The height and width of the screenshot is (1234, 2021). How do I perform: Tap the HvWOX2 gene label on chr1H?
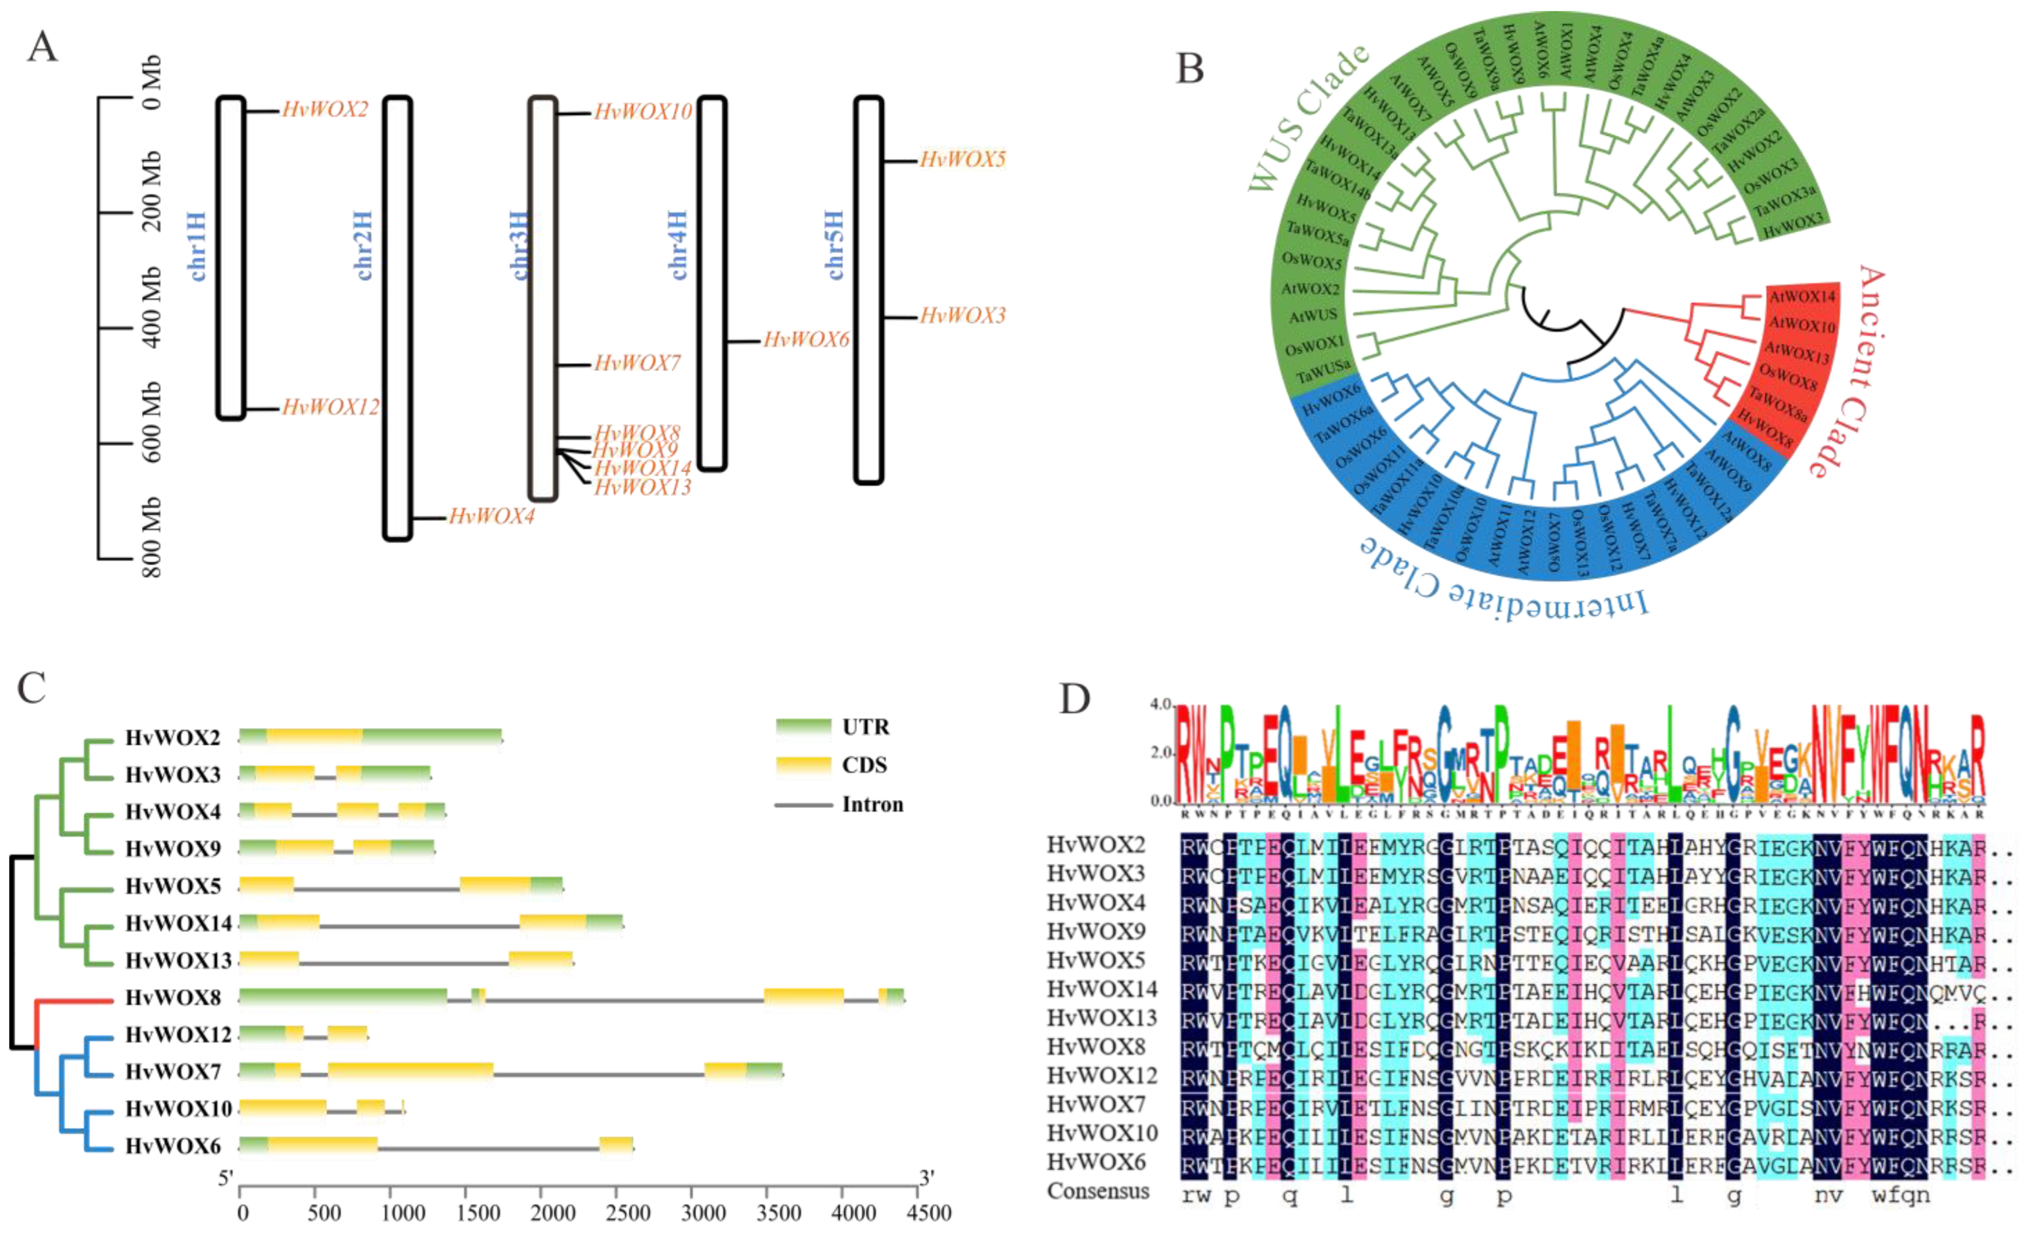click(x=325, y=109)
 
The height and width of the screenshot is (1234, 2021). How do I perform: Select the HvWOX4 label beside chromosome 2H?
click(x=491, y=516)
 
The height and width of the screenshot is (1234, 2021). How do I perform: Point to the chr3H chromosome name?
click(x=520, y=245)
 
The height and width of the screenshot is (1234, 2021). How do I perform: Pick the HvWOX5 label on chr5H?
click(x=962, y=159)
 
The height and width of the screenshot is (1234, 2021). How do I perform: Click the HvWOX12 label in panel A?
click(x=330, y=407)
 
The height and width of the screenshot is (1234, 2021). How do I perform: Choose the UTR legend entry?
click(x=865, y=727)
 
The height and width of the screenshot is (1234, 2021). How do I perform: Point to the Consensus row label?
click(x=1097, y=1192)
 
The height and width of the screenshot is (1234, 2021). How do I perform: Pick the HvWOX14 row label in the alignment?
click(x=1101, y=989)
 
